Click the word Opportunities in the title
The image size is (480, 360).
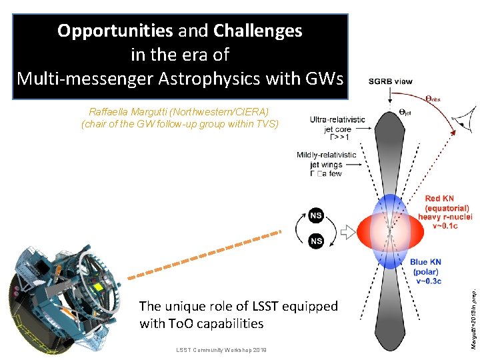pos(114,31)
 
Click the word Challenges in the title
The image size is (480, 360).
pos(257,31)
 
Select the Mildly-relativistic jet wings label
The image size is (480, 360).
pos(327,164)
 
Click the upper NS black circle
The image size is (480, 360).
pos(317,215)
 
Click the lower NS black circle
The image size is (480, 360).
pos(317,241)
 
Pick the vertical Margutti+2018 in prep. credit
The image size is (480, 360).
pos(473,313)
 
